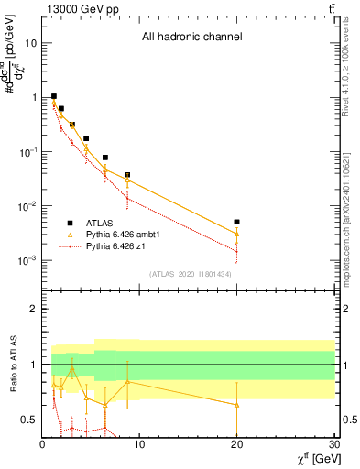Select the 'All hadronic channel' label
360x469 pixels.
[191, 38]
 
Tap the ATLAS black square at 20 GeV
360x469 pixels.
[236, 222]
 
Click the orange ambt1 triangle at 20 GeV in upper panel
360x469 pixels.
[236, 233]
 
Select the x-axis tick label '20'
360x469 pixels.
[236, 445]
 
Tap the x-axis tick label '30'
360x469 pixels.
[333, 445]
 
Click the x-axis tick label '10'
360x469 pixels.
[139, 445]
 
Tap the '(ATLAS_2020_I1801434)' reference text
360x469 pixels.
[191, 274]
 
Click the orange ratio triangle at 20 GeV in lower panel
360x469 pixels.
[236, 404]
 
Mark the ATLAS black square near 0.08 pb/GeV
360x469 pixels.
[105, 158]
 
